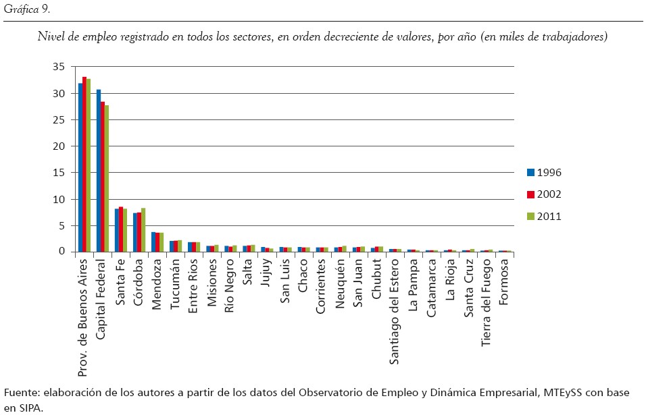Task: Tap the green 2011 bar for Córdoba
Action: click(x=143, y=229)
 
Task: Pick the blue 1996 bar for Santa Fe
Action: click(x=117, y=230)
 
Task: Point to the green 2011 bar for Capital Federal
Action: click(x=107, y=178)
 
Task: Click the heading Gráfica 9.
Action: click(x=26, y=9)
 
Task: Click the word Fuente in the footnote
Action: click(x=20, y=393)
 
